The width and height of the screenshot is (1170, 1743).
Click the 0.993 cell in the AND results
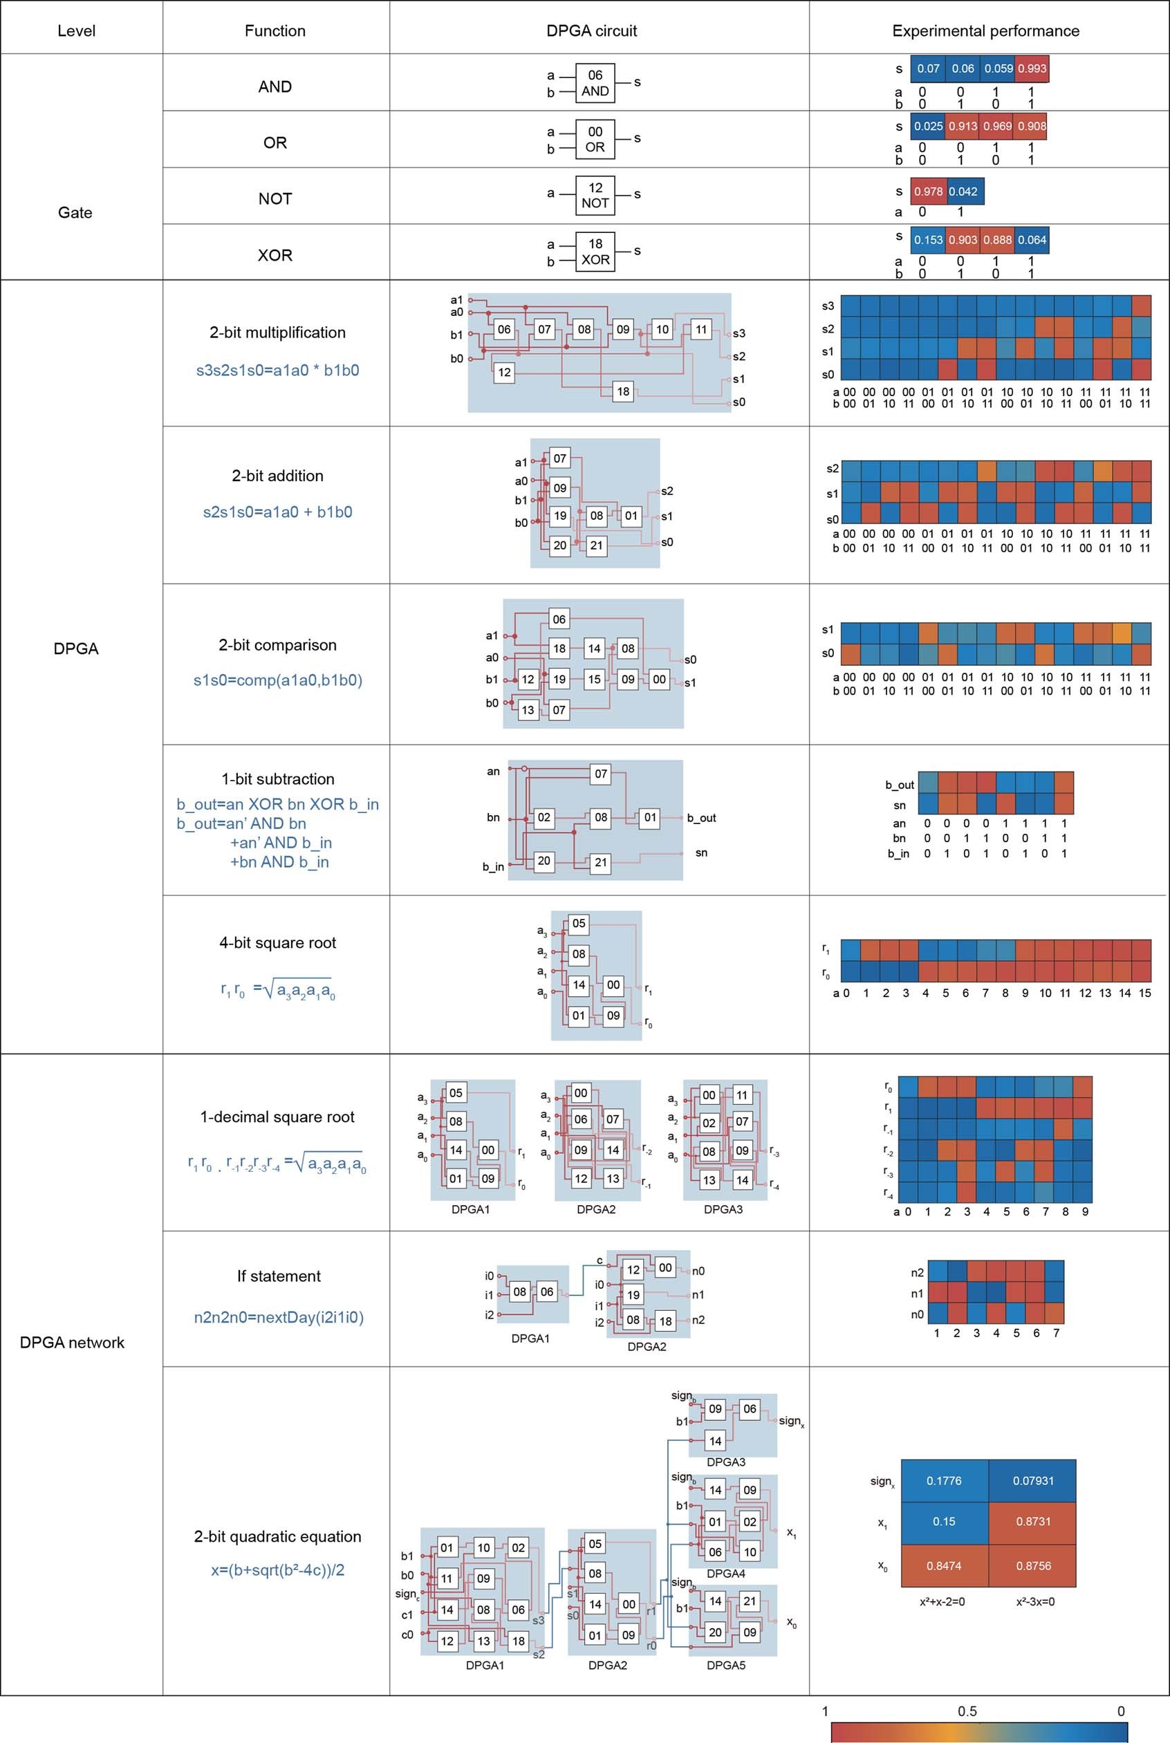pyautogui.click(x=1032, y=68)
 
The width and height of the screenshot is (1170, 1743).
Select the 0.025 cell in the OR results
pyautogui.click(x=928, y=126)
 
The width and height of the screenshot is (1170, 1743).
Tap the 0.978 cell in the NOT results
pyautogui.click(x=928, y=191)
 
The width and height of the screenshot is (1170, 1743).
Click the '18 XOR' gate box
pyautogui.click(x=595, y=252)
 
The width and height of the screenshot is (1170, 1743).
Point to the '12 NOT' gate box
pyautogui.click(x=595, y=195)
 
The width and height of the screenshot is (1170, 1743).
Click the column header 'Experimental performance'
pyautogui.click(x=985, y=30)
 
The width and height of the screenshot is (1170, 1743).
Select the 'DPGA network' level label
pyautogui.click(x=73, y=1342)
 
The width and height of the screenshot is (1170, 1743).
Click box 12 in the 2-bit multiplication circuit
pyautogui.click(x=504, y=373)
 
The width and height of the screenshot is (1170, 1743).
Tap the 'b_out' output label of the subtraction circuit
pyautogui.click(x=701, y=818)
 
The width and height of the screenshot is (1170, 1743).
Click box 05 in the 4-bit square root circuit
pyautogui.click(x=578, y=923)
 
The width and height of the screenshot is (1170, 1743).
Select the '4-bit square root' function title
pyautogui.click(x=277, y=942)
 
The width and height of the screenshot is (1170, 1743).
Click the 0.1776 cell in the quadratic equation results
pyautogui.click(x=944, y=1480)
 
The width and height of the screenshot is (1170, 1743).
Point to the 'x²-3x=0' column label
pyautogui.click(x=1035, y=1601)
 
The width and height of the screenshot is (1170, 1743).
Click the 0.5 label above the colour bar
pyautogui.click(x=967, y=1711)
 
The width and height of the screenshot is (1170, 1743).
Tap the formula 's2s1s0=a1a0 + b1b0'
pyautogui.click(x=277, y=512)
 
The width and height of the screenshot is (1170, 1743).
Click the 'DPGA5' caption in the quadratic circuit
pyautogui.click(x=725, y=1665)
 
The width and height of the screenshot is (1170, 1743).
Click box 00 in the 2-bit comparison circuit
pyautogui.click(x=659, y=679)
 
